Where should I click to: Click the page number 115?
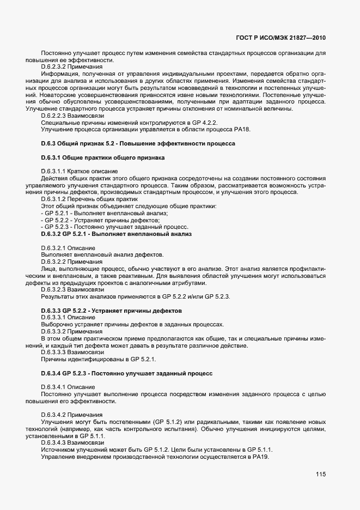pos(320,475)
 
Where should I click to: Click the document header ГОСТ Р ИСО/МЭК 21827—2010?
pos(282,38)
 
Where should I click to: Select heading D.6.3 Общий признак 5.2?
pos(138,143)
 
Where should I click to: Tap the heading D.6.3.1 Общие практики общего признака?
pos(102,157)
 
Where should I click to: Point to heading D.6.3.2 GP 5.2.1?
pos(115,234)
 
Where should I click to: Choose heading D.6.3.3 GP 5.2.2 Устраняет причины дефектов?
pos(111,311)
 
